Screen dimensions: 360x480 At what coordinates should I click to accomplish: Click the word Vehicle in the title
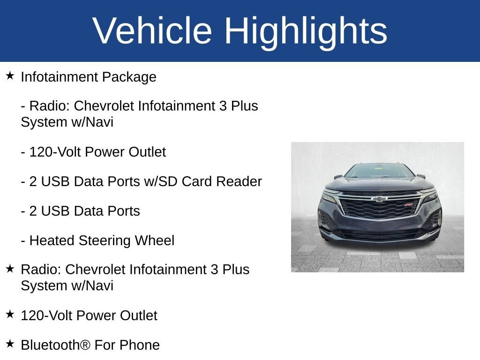152,31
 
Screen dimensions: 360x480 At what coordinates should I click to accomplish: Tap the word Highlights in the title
306,31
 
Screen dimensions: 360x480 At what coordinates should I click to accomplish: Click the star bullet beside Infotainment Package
10,76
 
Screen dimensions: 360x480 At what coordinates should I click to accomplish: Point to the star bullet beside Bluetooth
10,344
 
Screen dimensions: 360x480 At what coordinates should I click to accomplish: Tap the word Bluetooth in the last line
50,345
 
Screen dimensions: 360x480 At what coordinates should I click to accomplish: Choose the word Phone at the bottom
140,345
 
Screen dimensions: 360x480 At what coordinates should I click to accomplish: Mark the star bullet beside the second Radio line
10,269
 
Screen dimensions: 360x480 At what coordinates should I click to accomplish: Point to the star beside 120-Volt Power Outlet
10,314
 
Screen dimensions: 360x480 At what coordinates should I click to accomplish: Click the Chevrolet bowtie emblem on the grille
379,199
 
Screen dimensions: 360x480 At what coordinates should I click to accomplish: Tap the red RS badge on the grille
409,205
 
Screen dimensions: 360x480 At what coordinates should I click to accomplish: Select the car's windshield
379,171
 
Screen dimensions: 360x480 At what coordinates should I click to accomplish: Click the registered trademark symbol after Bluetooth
85,345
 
